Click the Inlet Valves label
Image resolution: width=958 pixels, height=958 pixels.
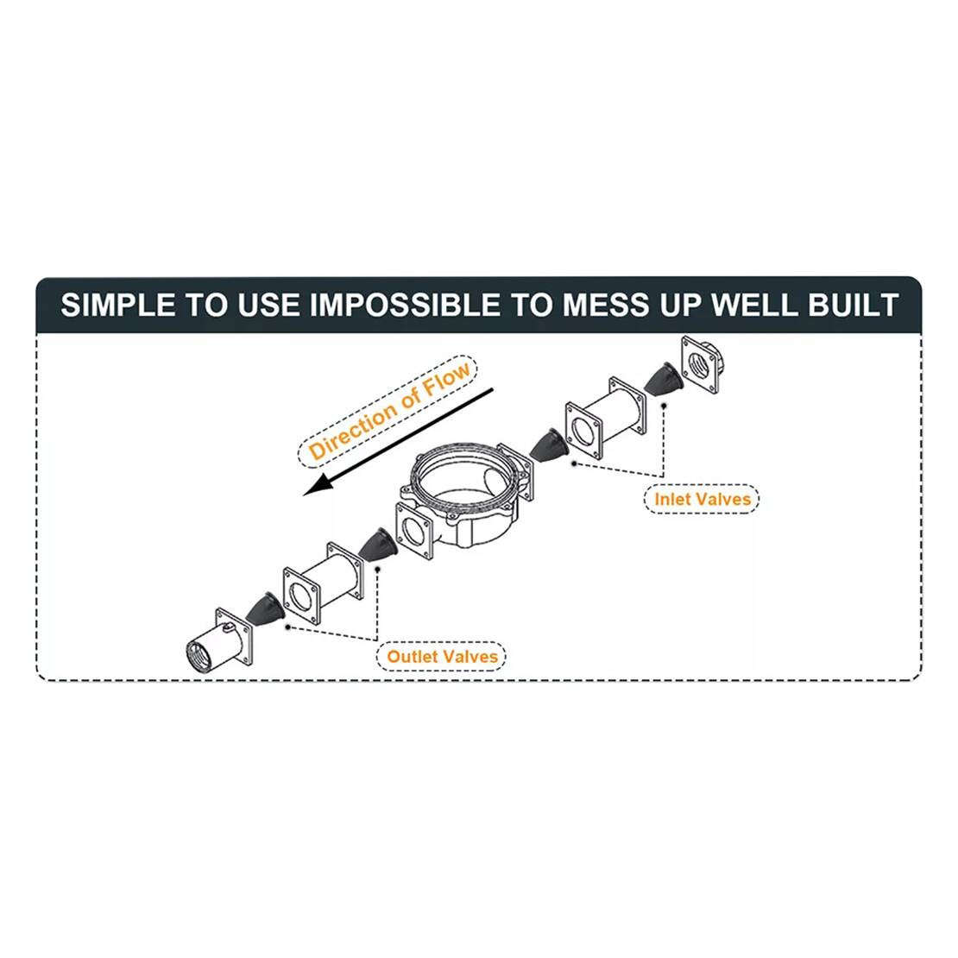click(x=702, y=499)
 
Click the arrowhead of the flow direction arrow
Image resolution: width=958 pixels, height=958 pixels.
click(x=317, y=486)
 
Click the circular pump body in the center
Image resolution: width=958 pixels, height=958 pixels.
click(x=465, y=495)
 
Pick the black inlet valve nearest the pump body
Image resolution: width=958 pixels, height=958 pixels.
click(x=549, y=445)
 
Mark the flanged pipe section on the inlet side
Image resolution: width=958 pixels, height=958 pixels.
click(x=606, y=416)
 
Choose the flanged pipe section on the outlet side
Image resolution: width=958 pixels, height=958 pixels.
click(x=323, y=583)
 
